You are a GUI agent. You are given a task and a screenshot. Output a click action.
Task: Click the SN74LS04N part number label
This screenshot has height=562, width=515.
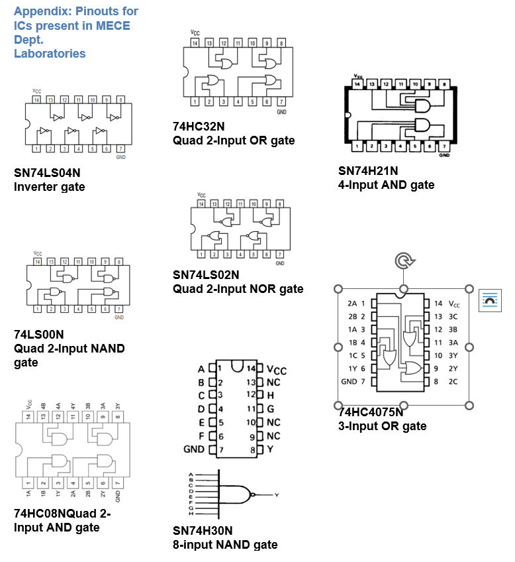[47, 173]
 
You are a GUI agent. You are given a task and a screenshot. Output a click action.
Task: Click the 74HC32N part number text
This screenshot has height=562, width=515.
[199, 127]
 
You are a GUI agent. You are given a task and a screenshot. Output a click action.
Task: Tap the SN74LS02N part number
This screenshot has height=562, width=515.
[206, 274]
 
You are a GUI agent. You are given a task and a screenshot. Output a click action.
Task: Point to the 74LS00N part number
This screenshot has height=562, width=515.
[39, 334]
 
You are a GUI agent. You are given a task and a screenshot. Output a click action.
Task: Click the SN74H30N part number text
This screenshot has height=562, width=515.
[203, 531]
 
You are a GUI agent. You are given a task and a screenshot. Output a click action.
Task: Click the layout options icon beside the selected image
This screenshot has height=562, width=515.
[490, 300]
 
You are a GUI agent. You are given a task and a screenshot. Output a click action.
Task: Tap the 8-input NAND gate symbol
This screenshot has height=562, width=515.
[235, 494]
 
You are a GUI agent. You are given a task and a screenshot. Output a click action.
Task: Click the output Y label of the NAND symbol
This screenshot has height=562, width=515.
[277, 495]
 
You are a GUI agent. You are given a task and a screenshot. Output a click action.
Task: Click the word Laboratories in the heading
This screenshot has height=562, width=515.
[50, 54]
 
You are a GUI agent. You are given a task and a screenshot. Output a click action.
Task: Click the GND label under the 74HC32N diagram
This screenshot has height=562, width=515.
[281, 113]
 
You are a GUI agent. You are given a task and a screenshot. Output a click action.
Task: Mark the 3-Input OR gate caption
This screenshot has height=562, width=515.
[382, 426]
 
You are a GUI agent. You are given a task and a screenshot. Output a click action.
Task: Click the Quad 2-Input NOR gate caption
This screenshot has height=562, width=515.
[238, 289]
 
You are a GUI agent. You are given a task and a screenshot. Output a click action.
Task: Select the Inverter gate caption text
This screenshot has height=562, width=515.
[49, 187]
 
